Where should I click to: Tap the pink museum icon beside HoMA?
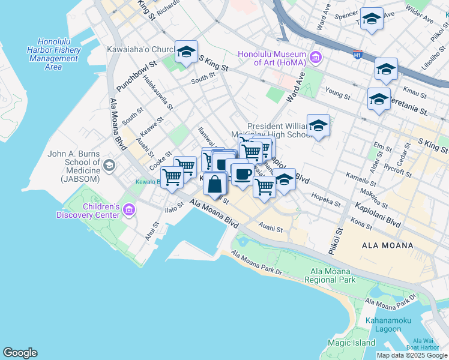[x=316, y=58]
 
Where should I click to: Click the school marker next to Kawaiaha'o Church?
[x=186, y=52]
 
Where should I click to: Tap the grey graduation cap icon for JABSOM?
[x=109, y=164]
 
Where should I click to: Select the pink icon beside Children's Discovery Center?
[x=129, y=210]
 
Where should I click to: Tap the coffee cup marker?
[x=242, y=175]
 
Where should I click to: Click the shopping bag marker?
[x=214, y=184]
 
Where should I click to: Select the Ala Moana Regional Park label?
[x=330, y=275]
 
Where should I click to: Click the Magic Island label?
[x=351, y=343]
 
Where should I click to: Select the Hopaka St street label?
[x=325, y=200]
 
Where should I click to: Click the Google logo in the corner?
[x=20, y=352]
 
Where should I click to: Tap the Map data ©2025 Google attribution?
[x=412, y=355]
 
